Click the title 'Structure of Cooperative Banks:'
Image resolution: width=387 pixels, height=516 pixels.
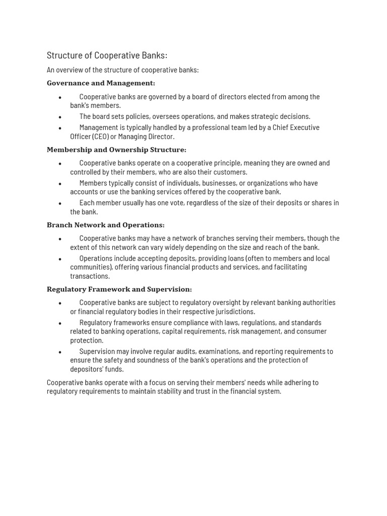pyautogui.click(x=107, y=55)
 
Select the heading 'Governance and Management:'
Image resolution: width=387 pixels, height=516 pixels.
pyautogui.click(x=101, y=83)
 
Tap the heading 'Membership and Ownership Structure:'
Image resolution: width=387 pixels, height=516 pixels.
pyautogui.click(x=116, y=150)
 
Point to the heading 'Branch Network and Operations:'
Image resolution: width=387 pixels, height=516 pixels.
pyautogui.click(x=105, y=225)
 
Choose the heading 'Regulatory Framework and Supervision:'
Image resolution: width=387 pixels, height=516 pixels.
pyautogui.click(x=119, y=290)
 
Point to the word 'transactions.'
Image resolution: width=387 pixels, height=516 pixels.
pyautogui.click(x=90, y=276)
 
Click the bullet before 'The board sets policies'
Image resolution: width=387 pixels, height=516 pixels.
pyautogui.click(x=60, y=117)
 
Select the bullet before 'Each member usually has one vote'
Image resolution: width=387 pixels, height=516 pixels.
pyautogui.click(x=60, y=204)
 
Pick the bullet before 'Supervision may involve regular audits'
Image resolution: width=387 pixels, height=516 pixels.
pyautogui.click(x=60, y=352)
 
